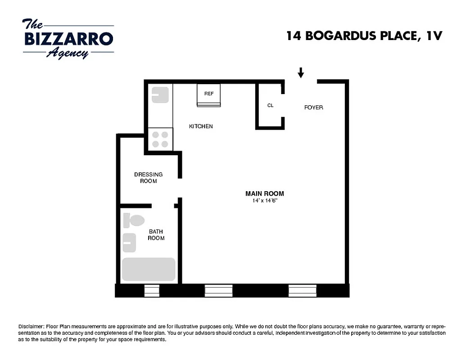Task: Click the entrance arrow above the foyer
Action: pyautogui.click(x=301, y=72)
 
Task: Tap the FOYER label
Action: pyautogui.click(x=313, y=108)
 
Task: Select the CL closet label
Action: pyautogui.click(x=270, y=106)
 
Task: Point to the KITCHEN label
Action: pyautogui.click(x=201, y=126)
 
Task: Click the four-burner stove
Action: pyautogui.click(x=160, y=139)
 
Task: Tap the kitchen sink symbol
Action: pyautogui.click(x=160, y=95)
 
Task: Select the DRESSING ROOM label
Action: pyautogui.click(x=148, y=178)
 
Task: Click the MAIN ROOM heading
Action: pyautogui.click(x=264, y=193)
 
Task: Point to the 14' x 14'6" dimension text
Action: pyautogui.click(x=265, y=201)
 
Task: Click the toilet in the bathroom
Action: pyautogui.click(x=134, y=220)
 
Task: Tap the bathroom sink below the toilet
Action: pyautogui.click(x=129, y=243)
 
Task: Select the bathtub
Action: pyautogui.click(x=148, y=270)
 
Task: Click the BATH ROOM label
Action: pyautogui.click(x=156, y=234)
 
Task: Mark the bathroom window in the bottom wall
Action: pyautogui.click(x=152, y=291)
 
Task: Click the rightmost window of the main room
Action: pyautogui.click(x=302, y=291)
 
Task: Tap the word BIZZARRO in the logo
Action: pyautogui.click(x=68, y=39)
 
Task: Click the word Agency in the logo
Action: pyautogui.click(x=68, y=53)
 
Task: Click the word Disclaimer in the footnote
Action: pyautogui.click(x=31, y=326)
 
